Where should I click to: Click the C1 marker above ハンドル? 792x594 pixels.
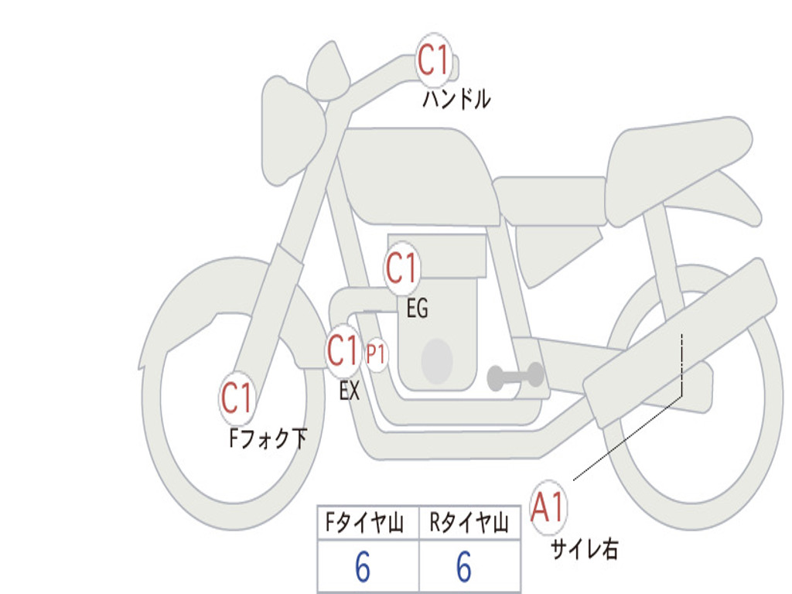click(434, 60)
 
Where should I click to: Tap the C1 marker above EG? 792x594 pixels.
click(401, 268)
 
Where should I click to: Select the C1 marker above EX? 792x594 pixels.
click(343, 351)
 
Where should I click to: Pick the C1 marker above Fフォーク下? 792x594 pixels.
click(237, 398)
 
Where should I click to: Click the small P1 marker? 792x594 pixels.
click(376, 354)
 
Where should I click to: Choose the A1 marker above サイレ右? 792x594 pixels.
click(548, 507)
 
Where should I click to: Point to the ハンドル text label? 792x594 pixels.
click(456, 99)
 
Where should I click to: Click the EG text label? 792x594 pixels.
click(417, 308)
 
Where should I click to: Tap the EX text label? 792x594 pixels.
click(350, 391)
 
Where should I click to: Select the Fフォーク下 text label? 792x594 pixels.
click(268, 439)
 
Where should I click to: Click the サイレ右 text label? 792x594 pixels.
click(584, 549)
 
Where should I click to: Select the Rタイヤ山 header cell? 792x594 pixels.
click(469, 523)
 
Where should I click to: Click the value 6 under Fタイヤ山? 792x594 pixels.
click(363, 567)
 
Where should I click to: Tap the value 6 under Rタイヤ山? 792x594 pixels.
click(464, 567)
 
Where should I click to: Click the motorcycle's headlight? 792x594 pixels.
click(292, 132)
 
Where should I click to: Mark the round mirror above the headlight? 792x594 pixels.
click(329, 70)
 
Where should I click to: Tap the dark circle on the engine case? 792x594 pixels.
click(437, 361)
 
